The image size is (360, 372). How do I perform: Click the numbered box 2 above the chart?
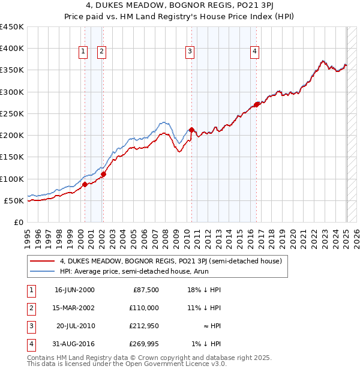pyautogui.click(x=101, y=52)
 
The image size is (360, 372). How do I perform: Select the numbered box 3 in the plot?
pyautogui.click(x=190, y=52)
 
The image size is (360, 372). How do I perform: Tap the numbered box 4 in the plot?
pyautogui.click(x=255, y=52)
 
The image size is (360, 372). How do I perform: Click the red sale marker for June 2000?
pyautogui.click(x=85, y=184)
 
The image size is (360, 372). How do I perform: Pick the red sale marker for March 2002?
pyautogui.click(x=103, y=175)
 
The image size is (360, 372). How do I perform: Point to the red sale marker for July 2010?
pyautogui.click(x=191, y=130)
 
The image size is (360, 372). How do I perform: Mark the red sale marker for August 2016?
pyautogui.click(x=256, y=105)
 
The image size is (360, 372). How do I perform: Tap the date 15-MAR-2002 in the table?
pyautogui.click(x=74, y=308)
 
